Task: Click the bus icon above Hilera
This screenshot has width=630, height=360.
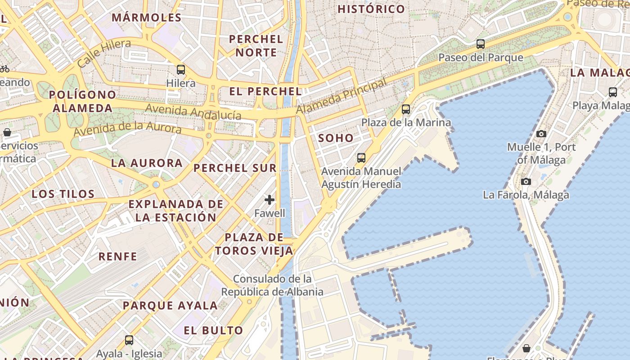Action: click(180, 70)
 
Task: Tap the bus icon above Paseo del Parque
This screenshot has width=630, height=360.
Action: click(481, 44)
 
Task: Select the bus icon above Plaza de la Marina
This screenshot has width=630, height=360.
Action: click(406, 109)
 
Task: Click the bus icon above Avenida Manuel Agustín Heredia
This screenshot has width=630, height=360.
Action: click(361, 158)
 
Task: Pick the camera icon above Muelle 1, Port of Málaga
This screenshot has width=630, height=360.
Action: click(541, 134)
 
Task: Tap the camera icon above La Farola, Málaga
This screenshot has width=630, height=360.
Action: click(526, 182)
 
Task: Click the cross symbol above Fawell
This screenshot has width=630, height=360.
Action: click(270, 200)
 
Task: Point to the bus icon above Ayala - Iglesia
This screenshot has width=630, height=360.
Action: click(129, 340)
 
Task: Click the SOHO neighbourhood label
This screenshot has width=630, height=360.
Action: click(336, 138)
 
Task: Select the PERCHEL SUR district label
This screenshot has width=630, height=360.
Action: click(235, 168)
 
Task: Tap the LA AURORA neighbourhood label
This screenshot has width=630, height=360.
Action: click(147, 163)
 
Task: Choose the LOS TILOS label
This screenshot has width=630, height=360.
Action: click(63, 194)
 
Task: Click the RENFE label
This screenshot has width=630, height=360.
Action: click(117, 256)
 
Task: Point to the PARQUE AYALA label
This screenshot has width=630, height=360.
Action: click(170, 306)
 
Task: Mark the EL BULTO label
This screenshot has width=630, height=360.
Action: click(213, 330)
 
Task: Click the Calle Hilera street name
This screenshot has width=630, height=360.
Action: click(104, 53)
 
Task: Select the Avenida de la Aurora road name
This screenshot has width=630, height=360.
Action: click(127, 129)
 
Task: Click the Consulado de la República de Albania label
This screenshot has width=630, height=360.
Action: click(272, 285)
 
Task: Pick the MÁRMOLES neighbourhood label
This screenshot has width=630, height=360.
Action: click(146, 18)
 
